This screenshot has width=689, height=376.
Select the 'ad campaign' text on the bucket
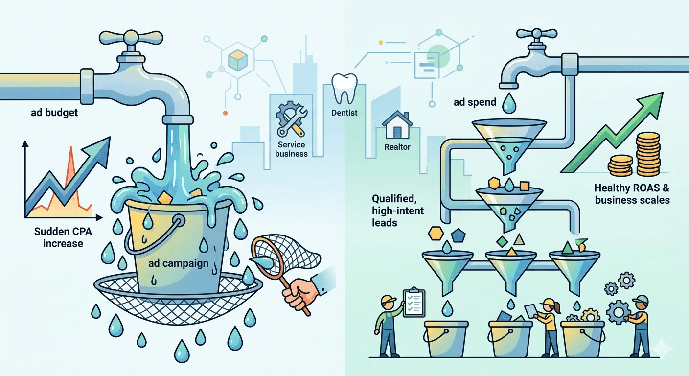(178, 263)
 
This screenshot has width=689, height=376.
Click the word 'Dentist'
(344, 113)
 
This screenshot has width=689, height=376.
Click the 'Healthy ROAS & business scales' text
(631, 194)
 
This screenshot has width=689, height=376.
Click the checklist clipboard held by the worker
(413, 303)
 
